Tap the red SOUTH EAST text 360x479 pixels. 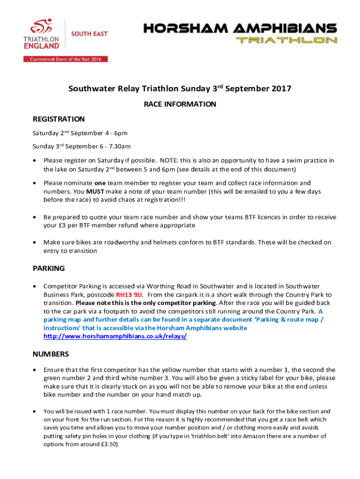coord(89,34)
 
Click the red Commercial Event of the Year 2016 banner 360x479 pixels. coord(65,59)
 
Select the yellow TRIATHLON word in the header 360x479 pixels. coord(287,40)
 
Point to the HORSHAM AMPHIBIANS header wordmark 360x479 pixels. coord(240,28)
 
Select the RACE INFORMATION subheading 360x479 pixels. coord(180,104)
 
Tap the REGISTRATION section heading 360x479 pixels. coord(58,119)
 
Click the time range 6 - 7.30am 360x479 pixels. coord(114,146)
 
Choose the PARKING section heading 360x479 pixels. coord(49,269)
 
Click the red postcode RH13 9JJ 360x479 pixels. coord(130,295)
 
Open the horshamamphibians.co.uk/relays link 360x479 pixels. coord(115,336)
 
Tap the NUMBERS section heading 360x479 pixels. coord(51,354)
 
